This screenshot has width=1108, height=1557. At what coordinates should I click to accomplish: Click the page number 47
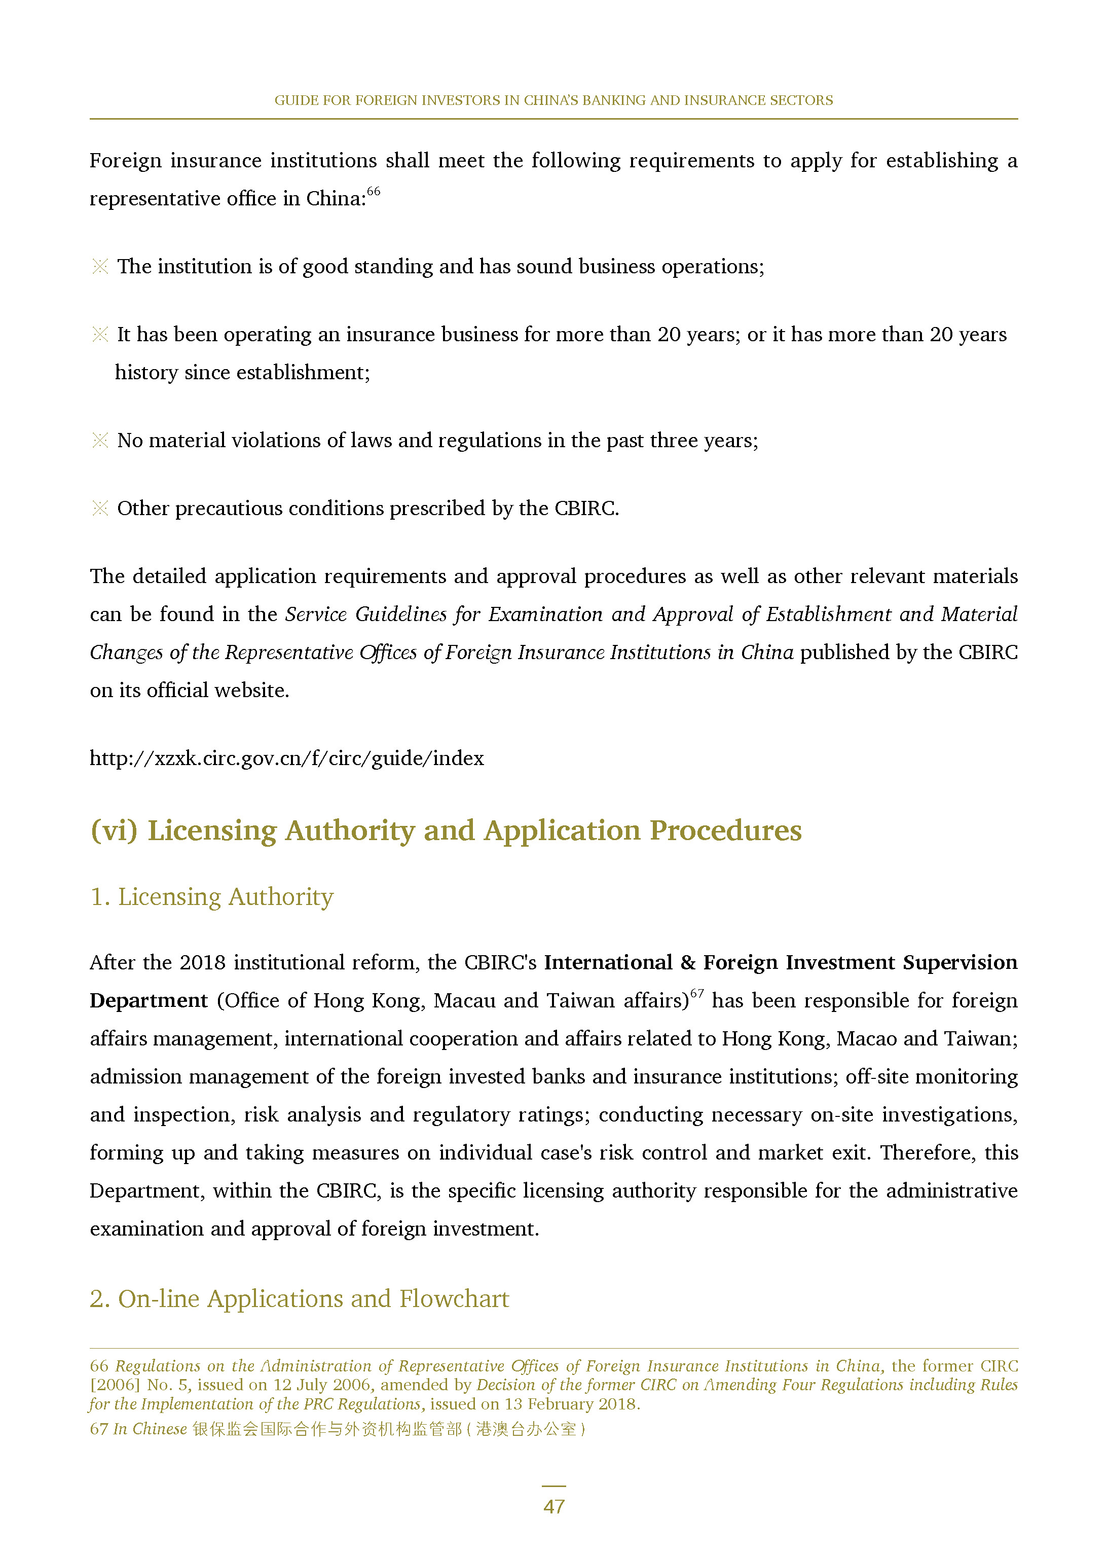[553, 1506]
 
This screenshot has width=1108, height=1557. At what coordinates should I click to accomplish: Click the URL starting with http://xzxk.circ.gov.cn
[286, 758]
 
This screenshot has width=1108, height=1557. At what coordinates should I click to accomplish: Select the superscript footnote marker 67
[696, 993]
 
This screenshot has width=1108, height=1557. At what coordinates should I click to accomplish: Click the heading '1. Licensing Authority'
[211, 896]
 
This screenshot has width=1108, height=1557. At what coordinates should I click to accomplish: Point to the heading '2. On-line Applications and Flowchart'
[299, 1298]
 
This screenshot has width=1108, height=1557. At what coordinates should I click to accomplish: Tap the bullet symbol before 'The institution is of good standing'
[100, 266]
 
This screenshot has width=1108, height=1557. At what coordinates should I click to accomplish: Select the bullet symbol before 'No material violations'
[100, 440]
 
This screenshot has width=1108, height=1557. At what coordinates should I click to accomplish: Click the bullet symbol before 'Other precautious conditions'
[100, 509]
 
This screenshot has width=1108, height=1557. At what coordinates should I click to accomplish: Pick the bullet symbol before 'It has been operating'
[100, 334]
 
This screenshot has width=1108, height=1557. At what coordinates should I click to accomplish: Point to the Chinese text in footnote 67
[388, 1429]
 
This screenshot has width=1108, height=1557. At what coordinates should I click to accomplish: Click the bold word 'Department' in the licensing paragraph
[148, 1000]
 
